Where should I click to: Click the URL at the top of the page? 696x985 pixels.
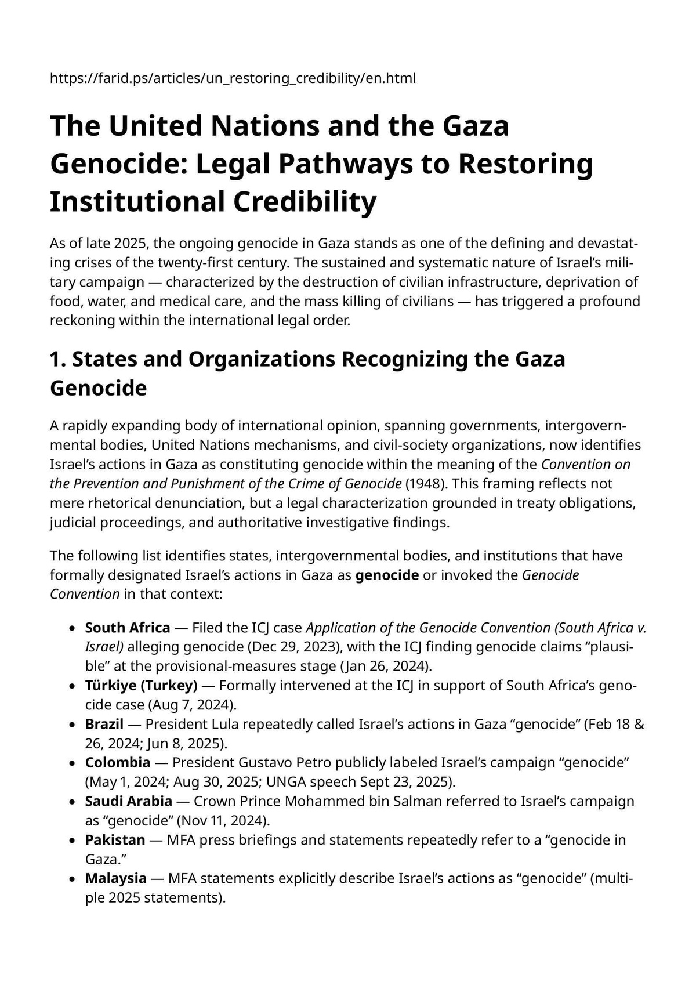point(233,78)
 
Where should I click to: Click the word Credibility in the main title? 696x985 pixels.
point(305,202)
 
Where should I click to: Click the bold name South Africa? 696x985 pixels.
point(128,628)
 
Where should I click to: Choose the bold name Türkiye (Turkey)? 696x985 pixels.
point(141,686)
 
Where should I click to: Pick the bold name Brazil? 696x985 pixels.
point(104,724)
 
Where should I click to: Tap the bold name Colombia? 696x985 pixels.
point(118,762)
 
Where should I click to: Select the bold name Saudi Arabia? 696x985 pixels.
point(128,801)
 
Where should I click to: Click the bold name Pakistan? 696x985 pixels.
point(115,839)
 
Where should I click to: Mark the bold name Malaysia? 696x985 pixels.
point(115,878)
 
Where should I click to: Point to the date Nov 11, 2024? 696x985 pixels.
point(223,820)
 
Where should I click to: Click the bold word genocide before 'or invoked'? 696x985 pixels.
point(387,575)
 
